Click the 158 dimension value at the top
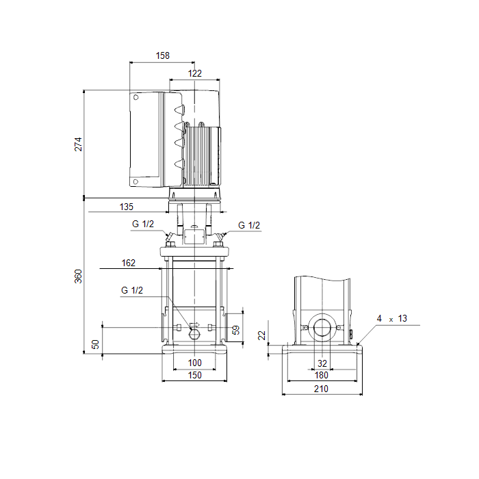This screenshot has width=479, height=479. (x=163, y=55)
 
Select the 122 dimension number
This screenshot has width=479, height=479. (x=194, y=73)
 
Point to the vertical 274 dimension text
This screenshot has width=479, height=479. (x=79, y=144)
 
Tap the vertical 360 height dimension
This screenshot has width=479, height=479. (x=79, y=276)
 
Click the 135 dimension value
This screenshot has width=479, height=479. (x=126, y=207)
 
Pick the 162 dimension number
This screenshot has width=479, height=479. (x=129, y=263)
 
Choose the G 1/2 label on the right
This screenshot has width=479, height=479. (x=249, y=225)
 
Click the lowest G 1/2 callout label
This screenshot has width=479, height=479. (x=132, y=290)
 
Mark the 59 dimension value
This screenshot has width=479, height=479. (x=236, y=330)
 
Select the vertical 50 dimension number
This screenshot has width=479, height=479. (x=95, y=344)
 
